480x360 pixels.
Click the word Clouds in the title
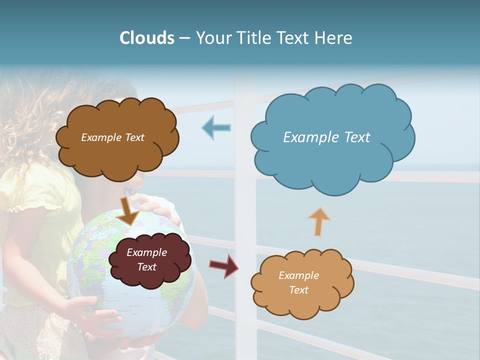coord(146,38)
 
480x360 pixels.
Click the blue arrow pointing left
coord(216,127)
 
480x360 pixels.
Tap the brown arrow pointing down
coord(128,210)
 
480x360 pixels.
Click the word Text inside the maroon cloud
coord(147,267)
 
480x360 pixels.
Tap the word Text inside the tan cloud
coord(298,290)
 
